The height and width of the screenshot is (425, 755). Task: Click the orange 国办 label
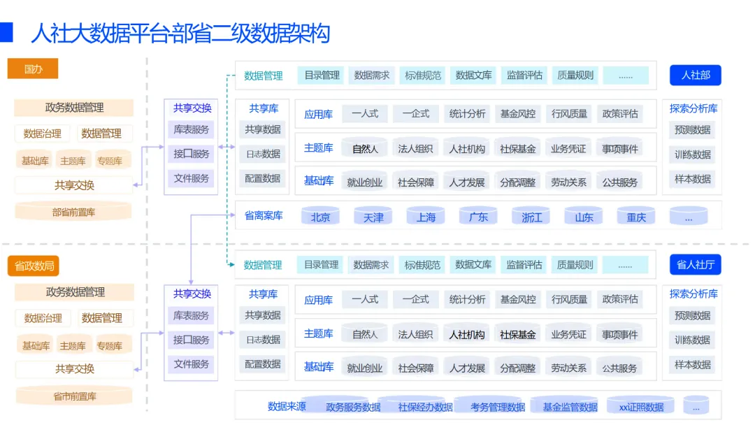click(33, 69)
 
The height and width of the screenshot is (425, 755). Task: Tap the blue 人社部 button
click(696, 75)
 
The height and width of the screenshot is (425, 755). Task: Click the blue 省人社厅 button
click(695, 265)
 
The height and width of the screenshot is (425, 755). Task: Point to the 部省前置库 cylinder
click(73, 211)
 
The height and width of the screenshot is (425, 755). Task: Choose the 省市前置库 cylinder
click(74, 396)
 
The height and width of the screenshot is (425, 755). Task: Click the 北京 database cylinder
click(320, 217)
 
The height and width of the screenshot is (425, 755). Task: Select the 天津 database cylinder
click(373, 217)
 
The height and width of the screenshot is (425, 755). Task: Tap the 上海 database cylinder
click(426, 217)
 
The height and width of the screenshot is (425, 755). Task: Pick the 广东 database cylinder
click(478, 217)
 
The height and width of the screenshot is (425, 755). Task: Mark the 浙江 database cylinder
click(531, 217)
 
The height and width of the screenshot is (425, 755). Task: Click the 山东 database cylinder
click(584, 217)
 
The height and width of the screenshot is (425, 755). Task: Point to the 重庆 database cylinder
click(636, 217)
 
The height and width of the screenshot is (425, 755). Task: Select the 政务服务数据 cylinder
click(353, 406)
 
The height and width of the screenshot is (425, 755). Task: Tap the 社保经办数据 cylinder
click(425, 406)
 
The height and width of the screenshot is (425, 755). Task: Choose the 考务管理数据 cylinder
click(498, 406)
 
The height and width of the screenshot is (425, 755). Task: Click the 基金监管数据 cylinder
click(570, 406)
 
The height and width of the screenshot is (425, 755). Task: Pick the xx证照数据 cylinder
click(641, 406)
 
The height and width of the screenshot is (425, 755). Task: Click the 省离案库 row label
click(264, 215)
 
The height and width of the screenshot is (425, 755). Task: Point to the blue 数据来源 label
click(287, 405)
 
